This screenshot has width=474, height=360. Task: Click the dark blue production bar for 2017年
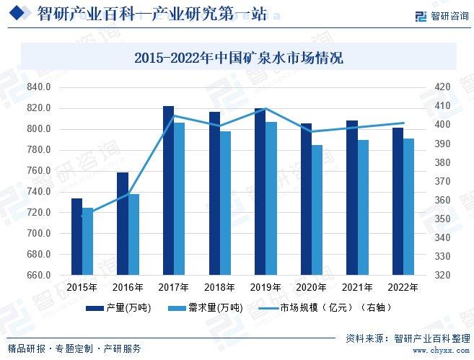(168, 190)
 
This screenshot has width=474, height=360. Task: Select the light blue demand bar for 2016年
(133, 234)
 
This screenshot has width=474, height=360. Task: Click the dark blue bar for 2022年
(398, 201)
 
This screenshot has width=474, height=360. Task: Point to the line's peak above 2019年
(265, 109)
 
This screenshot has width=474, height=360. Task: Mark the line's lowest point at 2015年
(82, 215)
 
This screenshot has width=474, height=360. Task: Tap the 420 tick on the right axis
(442, 87)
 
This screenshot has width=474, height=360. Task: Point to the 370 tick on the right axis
(442, 181)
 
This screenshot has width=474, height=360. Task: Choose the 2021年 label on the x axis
(357, 287)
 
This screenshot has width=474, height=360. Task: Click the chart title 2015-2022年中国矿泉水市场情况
(238, 58)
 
